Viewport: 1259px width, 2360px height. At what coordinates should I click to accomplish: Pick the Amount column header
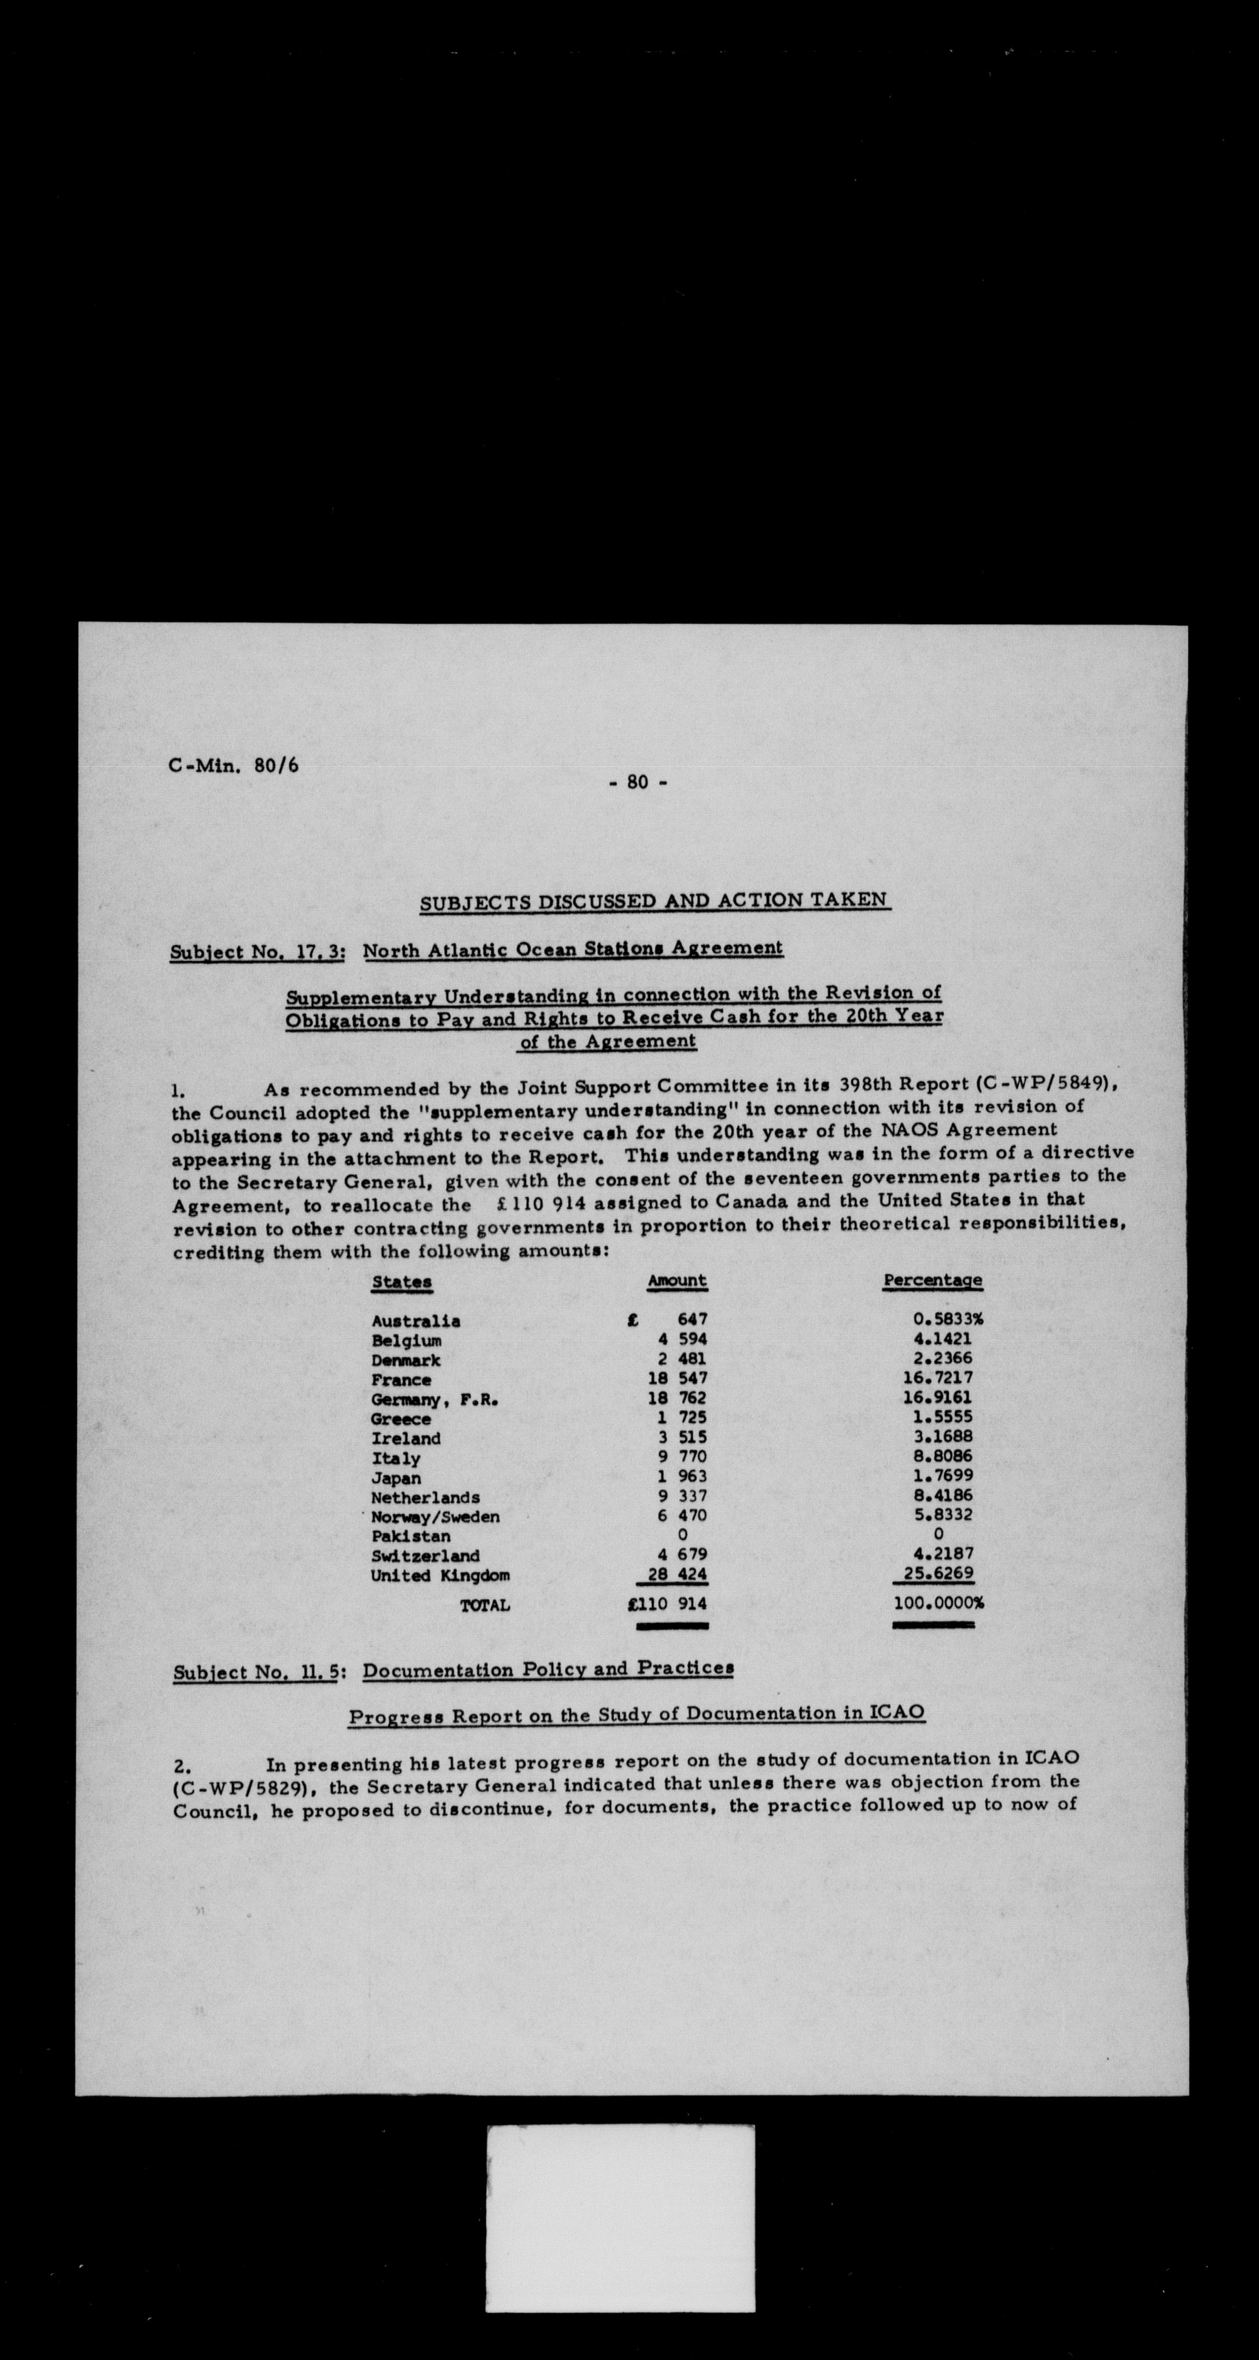[677, 1280]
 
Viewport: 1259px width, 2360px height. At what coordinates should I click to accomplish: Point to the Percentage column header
[933, 1280]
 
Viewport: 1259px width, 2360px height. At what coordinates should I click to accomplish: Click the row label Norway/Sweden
[435, 1516]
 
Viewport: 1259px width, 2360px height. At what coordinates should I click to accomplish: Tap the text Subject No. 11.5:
[259, 1672]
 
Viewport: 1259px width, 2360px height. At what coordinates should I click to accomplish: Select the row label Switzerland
[425, 1555]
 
